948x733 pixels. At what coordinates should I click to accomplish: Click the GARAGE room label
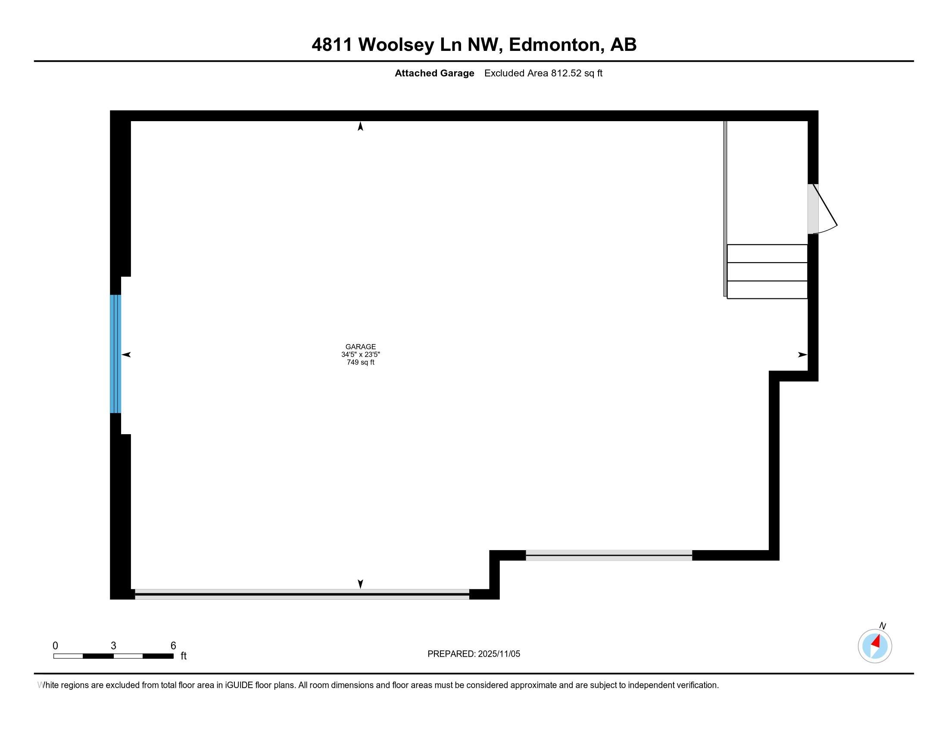(360, 347)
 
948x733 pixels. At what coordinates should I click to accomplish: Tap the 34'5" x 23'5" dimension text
(360, 354)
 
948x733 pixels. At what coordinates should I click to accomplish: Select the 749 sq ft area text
(360, 362)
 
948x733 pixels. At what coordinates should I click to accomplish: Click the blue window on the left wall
(115, 354)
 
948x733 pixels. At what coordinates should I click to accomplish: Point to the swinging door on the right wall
(822, 209)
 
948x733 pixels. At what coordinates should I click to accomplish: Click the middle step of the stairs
(767, 272)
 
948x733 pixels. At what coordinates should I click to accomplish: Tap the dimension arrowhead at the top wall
(360, 126)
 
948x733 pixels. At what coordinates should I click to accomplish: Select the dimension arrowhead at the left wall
(126, 355)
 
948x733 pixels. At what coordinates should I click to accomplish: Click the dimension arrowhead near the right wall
(803, 355)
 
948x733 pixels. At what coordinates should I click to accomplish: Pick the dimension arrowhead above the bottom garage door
(360, 584)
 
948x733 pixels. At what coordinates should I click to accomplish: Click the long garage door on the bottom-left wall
(302, 594)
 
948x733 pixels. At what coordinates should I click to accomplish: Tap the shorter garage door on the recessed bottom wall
(609, 555)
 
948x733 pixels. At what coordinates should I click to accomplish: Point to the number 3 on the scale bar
(113, 646)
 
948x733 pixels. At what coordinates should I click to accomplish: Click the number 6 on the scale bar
(173, 646)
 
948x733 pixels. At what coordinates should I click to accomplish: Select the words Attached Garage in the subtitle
(434, 73)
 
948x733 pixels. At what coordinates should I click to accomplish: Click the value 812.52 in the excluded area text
(566, 73)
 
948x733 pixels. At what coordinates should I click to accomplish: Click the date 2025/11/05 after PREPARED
(499, 654)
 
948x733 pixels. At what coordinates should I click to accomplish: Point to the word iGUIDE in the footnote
(239, 685)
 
